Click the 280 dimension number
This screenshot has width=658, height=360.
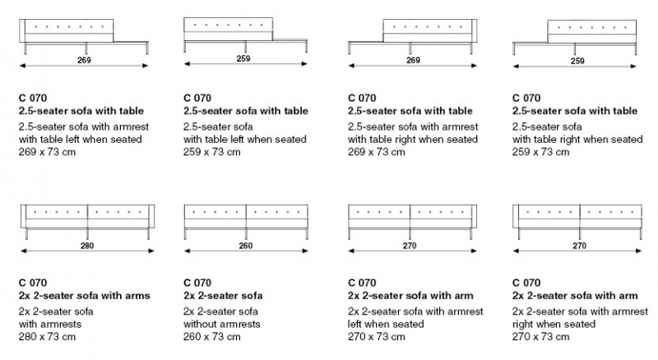pyautogui.click(x=87, y=246)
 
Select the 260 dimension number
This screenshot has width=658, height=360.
pyautogui.click(x=245, y=246)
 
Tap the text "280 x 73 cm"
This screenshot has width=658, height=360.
pyautogui.click(x=47, y=336)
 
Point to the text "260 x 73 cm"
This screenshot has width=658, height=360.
pyautogui.click(x=212, y=336)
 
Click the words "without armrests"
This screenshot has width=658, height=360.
pyautogui.click(x=221, y=324)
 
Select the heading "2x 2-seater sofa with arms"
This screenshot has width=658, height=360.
pyautogui.click(x=85, y=295)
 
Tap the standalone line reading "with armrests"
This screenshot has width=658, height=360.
pyautogui.click(x=50, y=324)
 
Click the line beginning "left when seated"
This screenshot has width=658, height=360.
pyautogui.click(x=386, y=324)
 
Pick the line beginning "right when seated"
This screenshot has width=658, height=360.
pyautogui.click(x=554, y=324)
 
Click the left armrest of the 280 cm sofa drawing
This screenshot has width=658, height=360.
pyautogui.click(x=23, y=216)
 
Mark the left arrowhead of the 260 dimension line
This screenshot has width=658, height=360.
pyautogui.click(x=188, y=251)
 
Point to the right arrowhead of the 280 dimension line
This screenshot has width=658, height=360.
pyautogui.click(x=151, y=251)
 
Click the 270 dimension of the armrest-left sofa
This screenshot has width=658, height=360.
pyautogui.click(x=410, y=246)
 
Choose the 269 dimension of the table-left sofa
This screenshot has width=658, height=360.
pyautogui.click(x=84, y=61)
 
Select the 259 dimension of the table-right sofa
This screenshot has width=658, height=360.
pyautogui.click(x=577, y=61)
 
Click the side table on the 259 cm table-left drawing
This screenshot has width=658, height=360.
pyautogui.click(x=290, y=40)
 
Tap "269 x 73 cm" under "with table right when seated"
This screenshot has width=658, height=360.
pyautogui.click(x=377, y=152)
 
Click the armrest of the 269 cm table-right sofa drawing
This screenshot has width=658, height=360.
pyautogui.click(x=475, y=30)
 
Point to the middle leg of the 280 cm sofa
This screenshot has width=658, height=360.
pyautogui.click(x=88, y=233)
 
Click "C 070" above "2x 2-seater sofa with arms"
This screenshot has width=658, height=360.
pyautogui.click(x=33, y=283)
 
